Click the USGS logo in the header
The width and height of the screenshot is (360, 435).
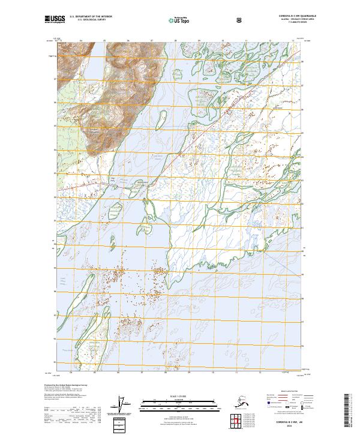(55, 20)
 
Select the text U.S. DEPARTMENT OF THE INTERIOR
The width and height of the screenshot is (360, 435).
(91, 17)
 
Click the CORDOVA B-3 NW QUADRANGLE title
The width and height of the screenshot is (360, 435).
(293, 16)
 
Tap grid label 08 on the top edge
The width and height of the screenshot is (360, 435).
(175, 41)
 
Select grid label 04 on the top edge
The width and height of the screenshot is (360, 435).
(80, 41)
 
